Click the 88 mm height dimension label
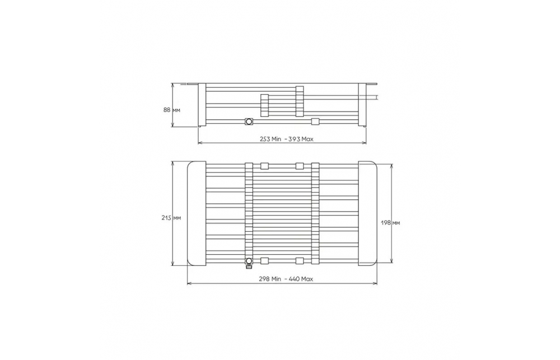[x=172, y=110]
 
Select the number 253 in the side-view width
[x=265, y=139]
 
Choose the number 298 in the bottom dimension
[x=265, y=279]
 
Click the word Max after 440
[x=307, y=279]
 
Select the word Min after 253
[x=277, y=139]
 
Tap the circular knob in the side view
[x=249, y=122]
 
